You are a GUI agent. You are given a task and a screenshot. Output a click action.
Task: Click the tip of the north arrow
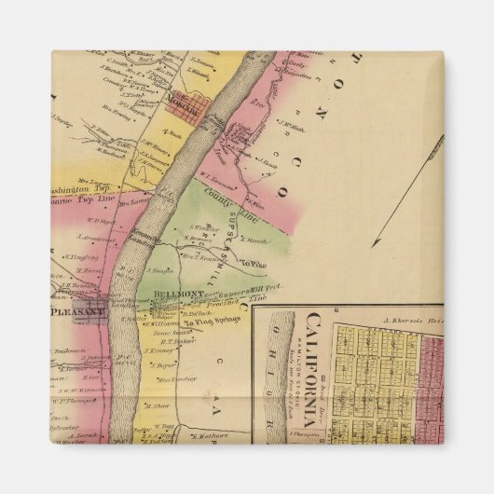pyautogui.click(x=375, y=245)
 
